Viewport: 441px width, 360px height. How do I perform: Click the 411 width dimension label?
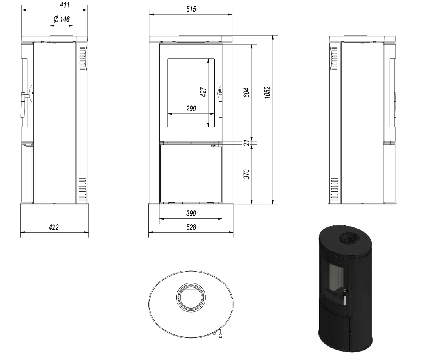(x=64, y=5)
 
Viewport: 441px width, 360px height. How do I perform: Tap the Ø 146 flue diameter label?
(x=61, y=19)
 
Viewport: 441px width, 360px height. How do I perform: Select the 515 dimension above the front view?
(x=191, y=9)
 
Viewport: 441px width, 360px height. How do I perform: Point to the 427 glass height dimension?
(x=203, y=92)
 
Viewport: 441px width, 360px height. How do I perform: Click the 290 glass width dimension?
(x=191, y=109)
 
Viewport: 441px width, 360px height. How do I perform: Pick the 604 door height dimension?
(x=246, y=93)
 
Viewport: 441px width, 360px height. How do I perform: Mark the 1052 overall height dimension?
(x=267, y=93)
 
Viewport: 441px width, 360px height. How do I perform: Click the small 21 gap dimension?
(x=246, y=143)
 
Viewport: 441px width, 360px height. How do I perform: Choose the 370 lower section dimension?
(x=246, y=174)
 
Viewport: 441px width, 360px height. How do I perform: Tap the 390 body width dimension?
(x=191, y=213)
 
